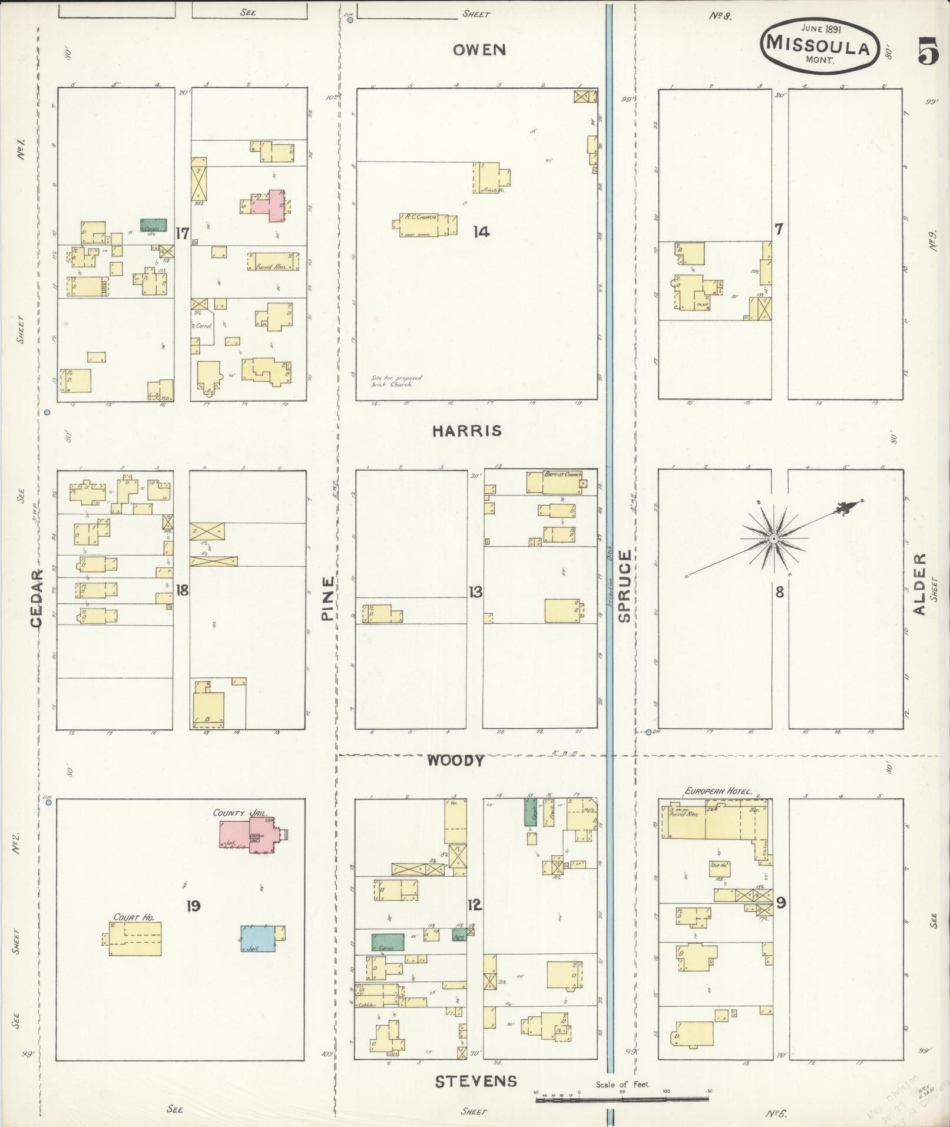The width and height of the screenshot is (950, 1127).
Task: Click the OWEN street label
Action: click(x=479, y=50)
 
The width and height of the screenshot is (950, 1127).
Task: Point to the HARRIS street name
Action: click(x=467, y=431)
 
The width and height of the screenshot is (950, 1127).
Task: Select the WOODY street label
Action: click(x=455, y=761)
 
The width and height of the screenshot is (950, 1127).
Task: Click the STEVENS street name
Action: click(x=476, y=1081)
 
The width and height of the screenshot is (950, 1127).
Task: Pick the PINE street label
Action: click(x=327, y=598)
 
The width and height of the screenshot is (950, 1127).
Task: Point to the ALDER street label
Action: click(x=919, y=584)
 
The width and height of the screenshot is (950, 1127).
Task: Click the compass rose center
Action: click(x=773, y=538)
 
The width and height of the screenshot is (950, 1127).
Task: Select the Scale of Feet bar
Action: click(x=622, y=1098)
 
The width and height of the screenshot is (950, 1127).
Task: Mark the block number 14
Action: click(x=481, y=232)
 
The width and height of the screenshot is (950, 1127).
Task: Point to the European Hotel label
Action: click(x=718, y=791)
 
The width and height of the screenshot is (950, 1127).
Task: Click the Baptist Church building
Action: click(x=554, y=482)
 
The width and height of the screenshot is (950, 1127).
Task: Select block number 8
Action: click(x=779, y=592)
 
